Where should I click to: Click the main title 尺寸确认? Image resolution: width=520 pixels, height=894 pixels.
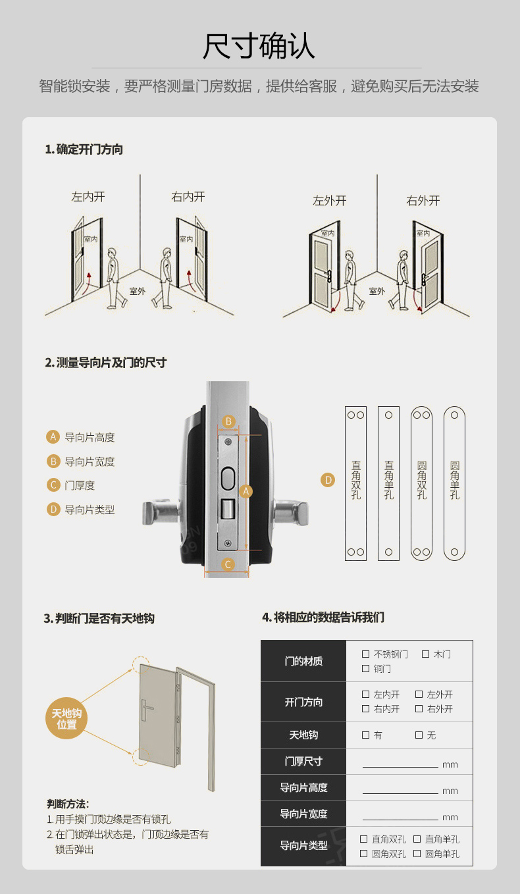point(259,46)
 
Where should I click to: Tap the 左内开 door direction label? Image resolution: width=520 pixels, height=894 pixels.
point(88,197)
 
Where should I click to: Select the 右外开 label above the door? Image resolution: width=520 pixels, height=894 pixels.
point(423,200)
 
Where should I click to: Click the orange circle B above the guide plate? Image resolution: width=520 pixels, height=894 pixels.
point(228,421)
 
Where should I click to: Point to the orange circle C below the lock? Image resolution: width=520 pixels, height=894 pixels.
point(228,564)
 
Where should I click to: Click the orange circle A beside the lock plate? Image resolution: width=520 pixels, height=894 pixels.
point(246,491)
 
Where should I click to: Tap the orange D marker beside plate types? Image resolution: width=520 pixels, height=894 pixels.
point(328,480)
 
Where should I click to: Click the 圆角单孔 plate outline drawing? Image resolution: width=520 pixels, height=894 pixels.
point(454,483)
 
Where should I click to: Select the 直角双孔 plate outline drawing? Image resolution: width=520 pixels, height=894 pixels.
point(355,483)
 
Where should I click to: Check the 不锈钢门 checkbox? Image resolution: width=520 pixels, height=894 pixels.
point(365,654)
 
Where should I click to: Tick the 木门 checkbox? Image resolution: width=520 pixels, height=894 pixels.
point(425,654)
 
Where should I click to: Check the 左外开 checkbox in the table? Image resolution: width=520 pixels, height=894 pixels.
point(419,694)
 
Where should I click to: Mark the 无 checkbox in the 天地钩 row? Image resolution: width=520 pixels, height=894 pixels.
point(419,735)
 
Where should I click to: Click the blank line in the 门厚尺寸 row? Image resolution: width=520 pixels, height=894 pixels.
point(400,767)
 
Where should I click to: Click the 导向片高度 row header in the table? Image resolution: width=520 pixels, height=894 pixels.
point(303,787)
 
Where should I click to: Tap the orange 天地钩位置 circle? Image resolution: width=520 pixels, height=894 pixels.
point(66,718)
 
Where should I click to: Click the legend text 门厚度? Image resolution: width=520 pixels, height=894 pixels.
point(80,485)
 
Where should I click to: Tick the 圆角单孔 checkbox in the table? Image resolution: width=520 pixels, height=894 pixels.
point(417,853)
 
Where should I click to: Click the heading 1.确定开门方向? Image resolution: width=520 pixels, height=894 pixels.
point(84,149)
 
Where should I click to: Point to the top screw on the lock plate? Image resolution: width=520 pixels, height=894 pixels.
point(228,442)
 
